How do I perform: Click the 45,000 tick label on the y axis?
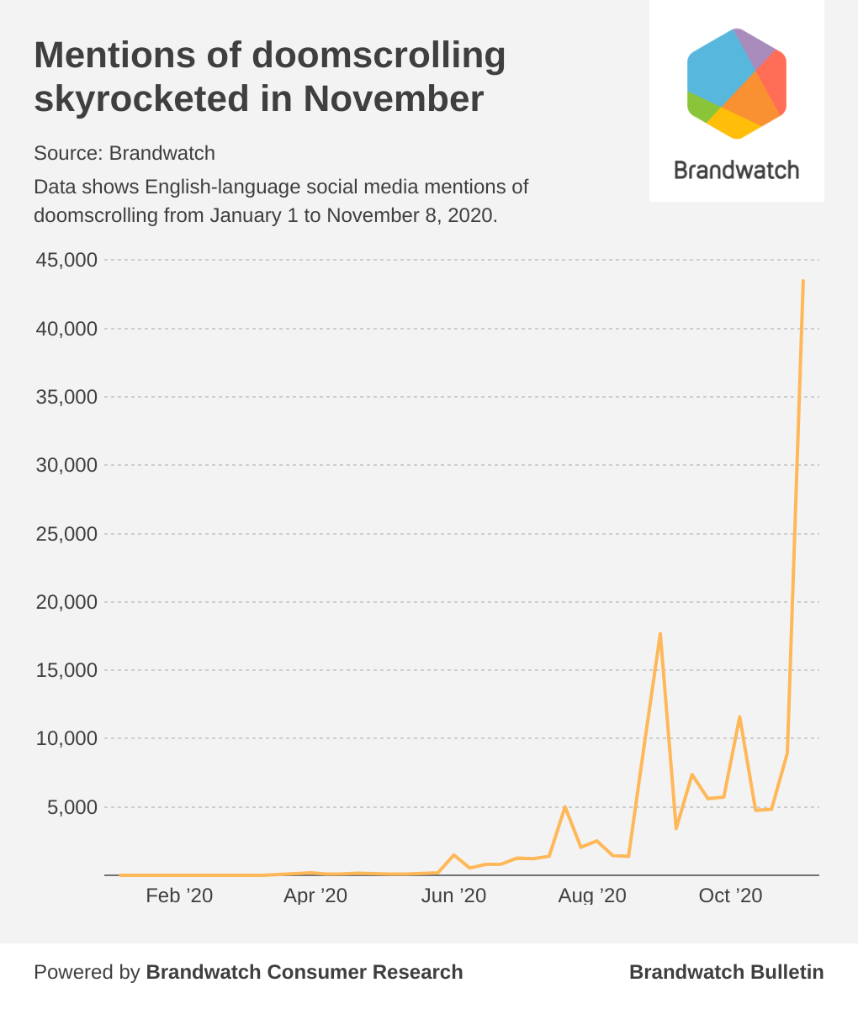pyautogui.click(x=66, y=260)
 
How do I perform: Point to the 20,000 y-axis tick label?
pyautogui.click(x=66, y=602)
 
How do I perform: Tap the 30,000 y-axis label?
pyautogui.click(x=66, y=465)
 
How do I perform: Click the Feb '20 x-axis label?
pyautogui.click(x=179, y=895)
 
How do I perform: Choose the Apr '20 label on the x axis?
pyautogui.click(x=315, y=895)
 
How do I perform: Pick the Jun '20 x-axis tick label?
pyautogui.click(x=454, y=895)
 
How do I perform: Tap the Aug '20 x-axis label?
pyautogui.click(x=592, y=895)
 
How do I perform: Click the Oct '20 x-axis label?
pyautogui.click(x=730, y=895)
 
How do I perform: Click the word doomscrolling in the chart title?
pyautogui.click(x=379, y=55)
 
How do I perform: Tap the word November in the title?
pyautogui.click(x=394, y=98)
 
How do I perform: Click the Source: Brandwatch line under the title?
pyautogui.click(x=124, y=153)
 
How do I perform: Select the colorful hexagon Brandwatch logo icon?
pyautogui.click(x=737, y=83)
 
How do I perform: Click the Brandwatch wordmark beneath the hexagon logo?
pyautogui.click(x=737, y=170)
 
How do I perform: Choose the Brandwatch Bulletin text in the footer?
pyautogui.click(x=726, y=972)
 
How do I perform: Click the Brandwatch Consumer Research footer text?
pyautogui.click(x=305, y=972)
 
